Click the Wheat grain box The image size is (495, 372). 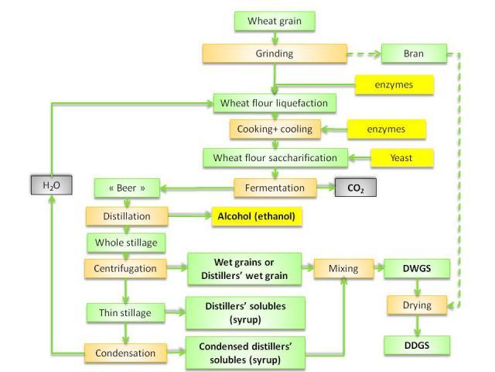point(274,20)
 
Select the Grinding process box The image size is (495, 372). point(274,54)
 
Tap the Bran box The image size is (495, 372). point(414,54)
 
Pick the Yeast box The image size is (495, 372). point(401,157)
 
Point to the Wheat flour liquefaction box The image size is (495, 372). point(274,102)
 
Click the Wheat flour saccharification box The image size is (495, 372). point(274,157)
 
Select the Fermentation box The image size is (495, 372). point(274,187)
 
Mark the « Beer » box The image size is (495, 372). point(126,187)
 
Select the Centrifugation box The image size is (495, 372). point(126,269)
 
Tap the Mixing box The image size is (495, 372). point(341,269)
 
